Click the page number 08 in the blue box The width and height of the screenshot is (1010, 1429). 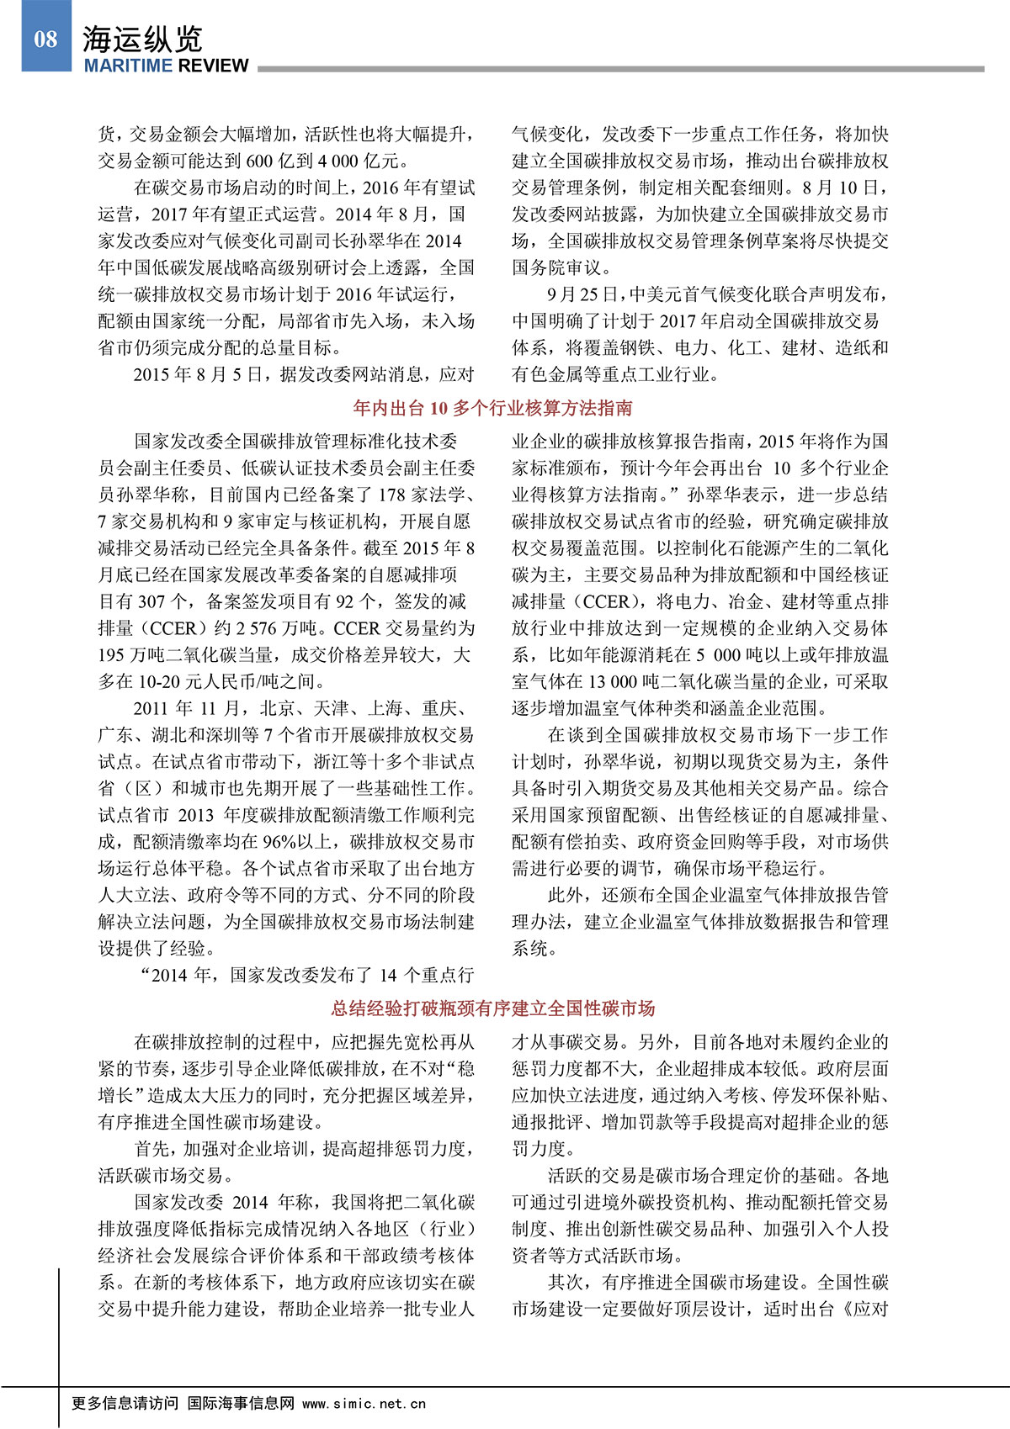coord(45,39)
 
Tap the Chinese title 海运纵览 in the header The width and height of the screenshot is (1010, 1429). coord(142,39)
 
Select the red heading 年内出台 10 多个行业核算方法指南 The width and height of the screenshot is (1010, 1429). coord(492,409)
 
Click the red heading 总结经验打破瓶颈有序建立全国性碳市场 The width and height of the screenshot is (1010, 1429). coord(492,1008)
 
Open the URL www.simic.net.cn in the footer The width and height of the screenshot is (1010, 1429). coord(364,1404)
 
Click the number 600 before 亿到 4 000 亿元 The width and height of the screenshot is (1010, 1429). coord(259,161)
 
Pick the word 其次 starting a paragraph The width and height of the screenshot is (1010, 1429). coord(566,1283)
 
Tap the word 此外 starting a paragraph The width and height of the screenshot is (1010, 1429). coord(566,895)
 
